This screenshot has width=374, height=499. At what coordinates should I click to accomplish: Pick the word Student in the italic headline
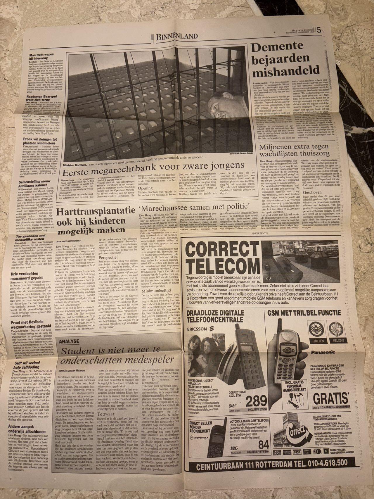(x=76, y=350)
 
